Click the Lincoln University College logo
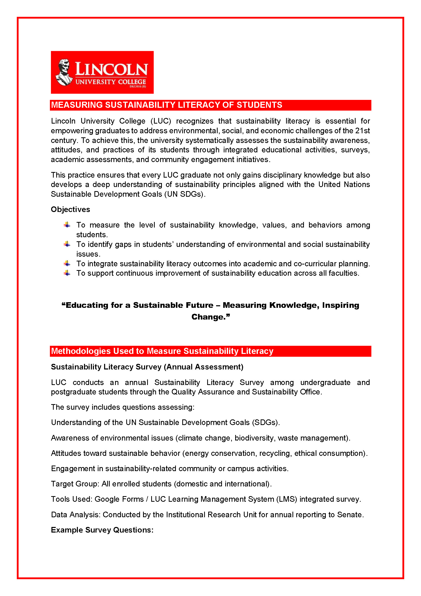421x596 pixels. pyautogui.click(x=102, y=72)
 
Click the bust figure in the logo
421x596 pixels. pyautogui.click(x=64, y=72)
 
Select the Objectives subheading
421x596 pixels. pyautogui.click(x=70, y=209)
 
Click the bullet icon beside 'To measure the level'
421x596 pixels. pyautogui.click(x=67, y=225)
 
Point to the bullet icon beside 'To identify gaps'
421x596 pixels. pyautogui.click(x=67, y=244)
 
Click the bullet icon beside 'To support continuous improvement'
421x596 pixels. pyautogui.click(x=67, y=273)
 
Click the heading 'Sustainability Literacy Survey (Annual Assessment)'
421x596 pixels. pyautogui.click(x=147, y=367)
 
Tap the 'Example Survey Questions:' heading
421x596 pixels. pyautogui.click(x=102, y=530)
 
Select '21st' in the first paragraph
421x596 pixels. pyautogui.click(x=362, y=130)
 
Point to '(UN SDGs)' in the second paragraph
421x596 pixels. pyautogui.click(x=184, y=194)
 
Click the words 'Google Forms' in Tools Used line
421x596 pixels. pyautogui.click(x=119, y=499)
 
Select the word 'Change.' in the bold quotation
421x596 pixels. pyautogui.click(x=210, y=317)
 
